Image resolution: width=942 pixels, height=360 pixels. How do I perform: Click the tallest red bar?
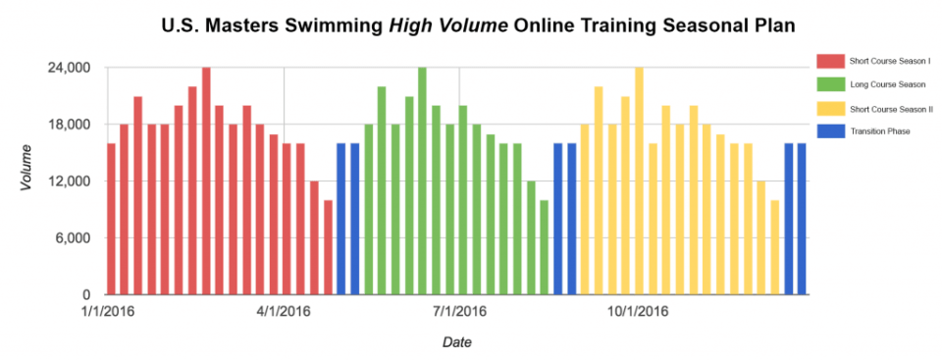(206, 181)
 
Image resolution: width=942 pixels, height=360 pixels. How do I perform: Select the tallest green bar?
(422, 181)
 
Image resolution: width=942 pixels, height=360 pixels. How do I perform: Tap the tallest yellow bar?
(639, 181)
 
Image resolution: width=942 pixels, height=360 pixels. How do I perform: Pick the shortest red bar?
(328, 247)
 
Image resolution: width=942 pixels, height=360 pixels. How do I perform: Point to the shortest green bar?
(544, 247)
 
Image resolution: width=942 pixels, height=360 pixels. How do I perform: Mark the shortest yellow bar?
(774, 247)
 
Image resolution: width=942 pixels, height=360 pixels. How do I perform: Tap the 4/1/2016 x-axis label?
(284, 312)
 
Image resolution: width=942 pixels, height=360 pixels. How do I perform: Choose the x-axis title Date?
(456, 342)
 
